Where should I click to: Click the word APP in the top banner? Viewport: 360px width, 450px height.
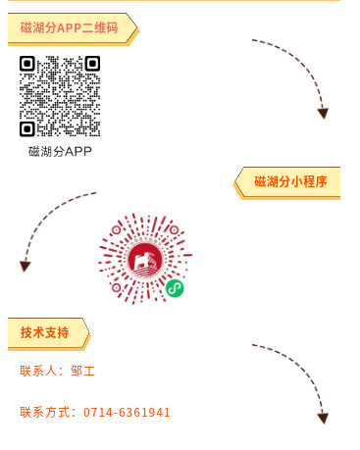70,27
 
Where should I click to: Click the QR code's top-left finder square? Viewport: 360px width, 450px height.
27,64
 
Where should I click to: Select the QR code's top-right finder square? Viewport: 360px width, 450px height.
92,64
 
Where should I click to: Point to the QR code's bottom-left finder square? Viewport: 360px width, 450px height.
27,128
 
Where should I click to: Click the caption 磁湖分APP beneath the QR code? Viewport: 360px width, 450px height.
60,151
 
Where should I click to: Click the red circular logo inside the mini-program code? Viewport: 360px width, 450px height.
145,259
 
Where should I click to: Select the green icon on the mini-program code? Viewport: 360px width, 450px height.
175,287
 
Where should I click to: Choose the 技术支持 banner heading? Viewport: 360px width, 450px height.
45,332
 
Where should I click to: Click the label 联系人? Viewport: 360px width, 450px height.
38,372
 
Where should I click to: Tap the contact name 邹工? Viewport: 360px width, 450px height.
83,372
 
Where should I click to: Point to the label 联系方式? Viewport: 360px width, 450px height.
45,413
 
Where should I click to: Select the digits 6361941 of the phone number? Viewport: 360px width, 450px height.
145,413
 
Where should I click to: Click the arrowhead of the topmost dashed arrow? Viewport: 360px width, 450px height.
323,114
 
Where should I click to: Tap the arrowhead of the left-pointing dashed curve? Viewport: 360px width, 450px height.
25,266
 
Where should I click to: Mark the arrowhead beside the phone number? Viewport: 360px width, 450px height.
323,418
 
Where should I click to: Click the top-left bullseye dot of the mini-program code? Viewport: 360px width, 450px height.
116,230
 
